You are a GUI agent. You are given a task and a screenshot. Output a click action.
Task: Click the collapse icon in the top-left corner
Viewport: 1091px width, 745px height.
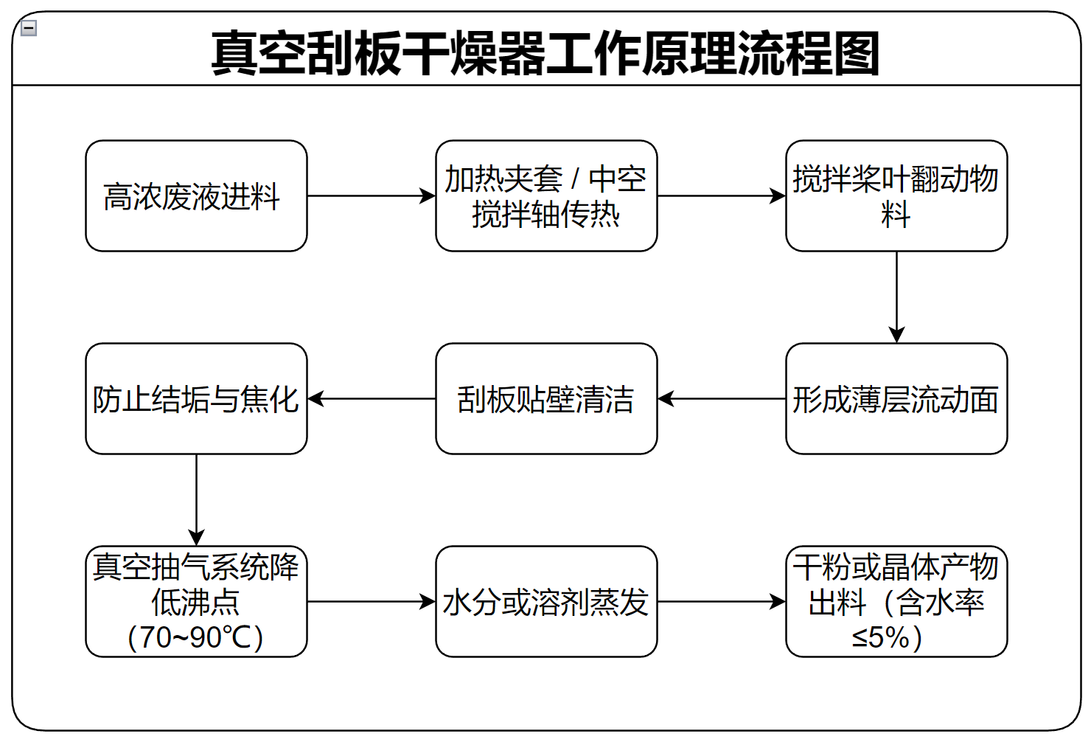(29, 29)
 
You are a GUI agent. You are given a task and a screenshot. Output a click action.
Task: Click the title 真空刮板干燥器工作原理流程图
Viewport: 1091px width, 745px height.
(545, 53)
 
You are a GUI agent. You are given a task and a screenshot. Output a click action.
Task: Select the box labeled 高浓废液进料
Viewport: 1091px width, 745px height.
(196, 196)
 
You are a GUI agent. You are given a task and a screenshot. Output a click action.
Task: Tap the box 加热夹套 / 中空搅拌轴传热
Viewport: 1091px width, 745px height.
(546, 196)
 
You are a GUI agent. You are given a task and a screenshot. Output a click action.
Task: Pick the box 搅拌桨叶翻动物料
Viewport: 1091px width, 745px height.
(896, 196)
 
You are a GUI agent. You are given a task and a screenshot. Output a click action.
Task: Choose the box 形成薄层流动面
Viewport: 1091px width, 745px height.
(896, 399)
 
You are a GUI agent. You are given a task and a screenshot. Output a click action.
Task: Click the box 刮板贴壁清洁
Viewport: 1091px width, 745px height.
(546, 399)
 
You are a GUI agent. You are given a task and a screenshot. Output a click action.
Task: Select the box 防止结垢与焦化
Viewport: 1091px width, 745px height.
(196, 399)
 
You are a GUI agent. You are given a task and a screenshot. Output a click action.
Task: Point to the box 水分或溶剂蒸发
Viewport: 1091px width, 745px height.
(546, 602)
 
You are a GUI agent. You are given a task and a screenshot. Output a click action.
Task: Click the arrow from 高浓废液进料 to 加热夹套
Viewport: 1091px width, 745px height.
(371, 196)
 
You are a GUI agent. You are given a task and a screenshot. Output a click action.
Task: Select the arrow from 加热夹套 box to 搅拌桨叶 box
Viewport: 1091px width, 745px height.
(721, 196)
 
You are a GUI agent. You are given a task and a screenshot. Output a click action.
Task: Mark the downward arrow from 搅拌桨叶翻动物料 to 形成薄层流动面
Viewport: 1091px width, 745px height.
(896, 297)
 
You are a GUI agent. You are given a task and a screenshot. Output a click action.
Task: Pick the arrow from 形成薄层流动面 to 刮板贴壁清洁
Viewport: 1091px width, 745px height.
(721, 399)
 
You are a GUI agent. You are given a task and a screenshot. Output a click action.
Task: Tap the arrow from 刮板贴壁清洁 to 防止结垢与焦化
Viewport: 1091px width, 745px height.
(371, 399)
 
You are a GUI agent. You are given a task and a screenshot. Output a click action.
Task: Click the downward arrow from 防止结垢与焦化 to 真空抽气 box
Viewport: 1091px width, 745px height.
(196, 499)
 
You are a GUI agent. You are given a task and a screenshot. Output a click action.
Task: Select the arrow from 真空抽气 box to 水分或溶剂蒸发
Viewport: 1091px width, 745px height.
(371, 602)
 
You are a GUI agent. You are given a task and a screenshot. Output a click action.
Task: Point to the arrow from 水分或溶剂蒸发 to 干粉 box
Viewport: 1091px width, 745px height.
(721, 602)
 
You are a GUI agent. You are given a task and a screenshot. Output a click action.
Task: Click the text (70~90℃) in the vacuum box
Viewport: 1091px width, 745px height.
(196, 637)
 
